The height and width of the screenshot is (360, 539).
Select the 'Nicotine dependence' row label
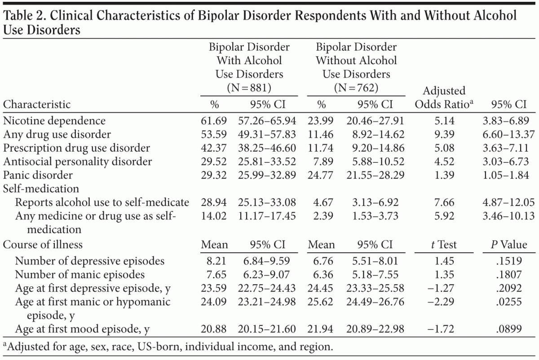[x=54, y=121]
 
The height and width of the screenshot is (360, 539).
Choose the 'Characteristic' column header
[x=37, y=105]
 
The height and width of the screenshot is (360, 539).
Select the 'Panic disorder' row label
[x=38, y=175]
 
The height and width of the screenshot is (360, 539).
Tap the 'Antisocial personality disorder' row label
[x=77, y=161]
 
